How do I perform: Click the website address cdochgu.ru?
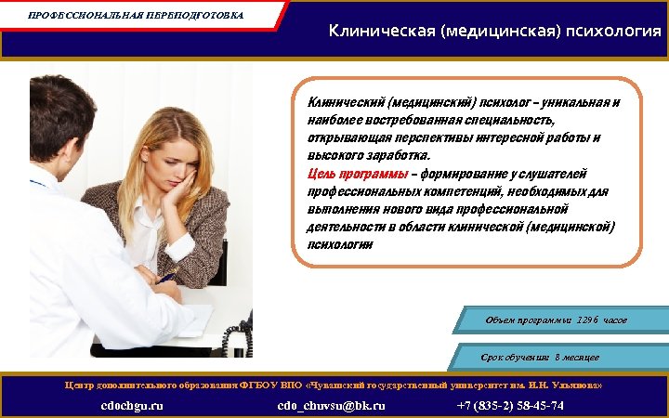point(132,406)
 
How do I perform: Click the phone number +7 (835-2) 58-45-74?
point(510,406)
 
